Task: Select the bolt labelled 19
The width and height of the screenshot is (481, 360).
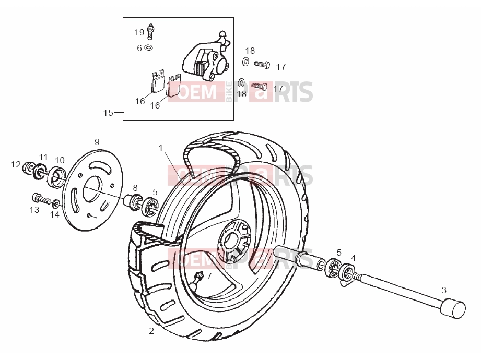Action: point(150,31)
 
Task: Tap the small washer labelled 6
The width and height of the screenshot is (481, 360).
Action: point(149,48)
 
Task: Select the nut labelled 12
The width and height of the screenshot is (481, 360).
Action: point(28,167)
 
